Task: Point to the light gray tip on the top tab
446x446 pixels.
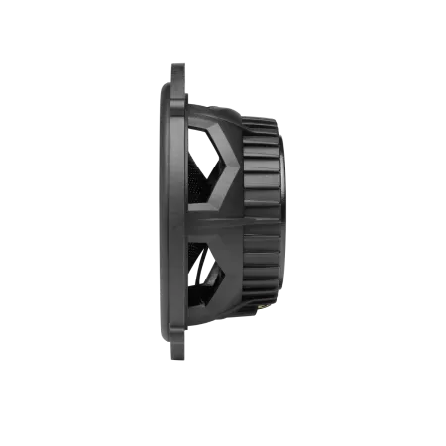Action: pyautogui.click(x=182, y=61)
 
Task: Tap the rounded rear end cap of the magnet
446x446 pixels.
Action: pyautogui.click(x=287, y=223)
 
